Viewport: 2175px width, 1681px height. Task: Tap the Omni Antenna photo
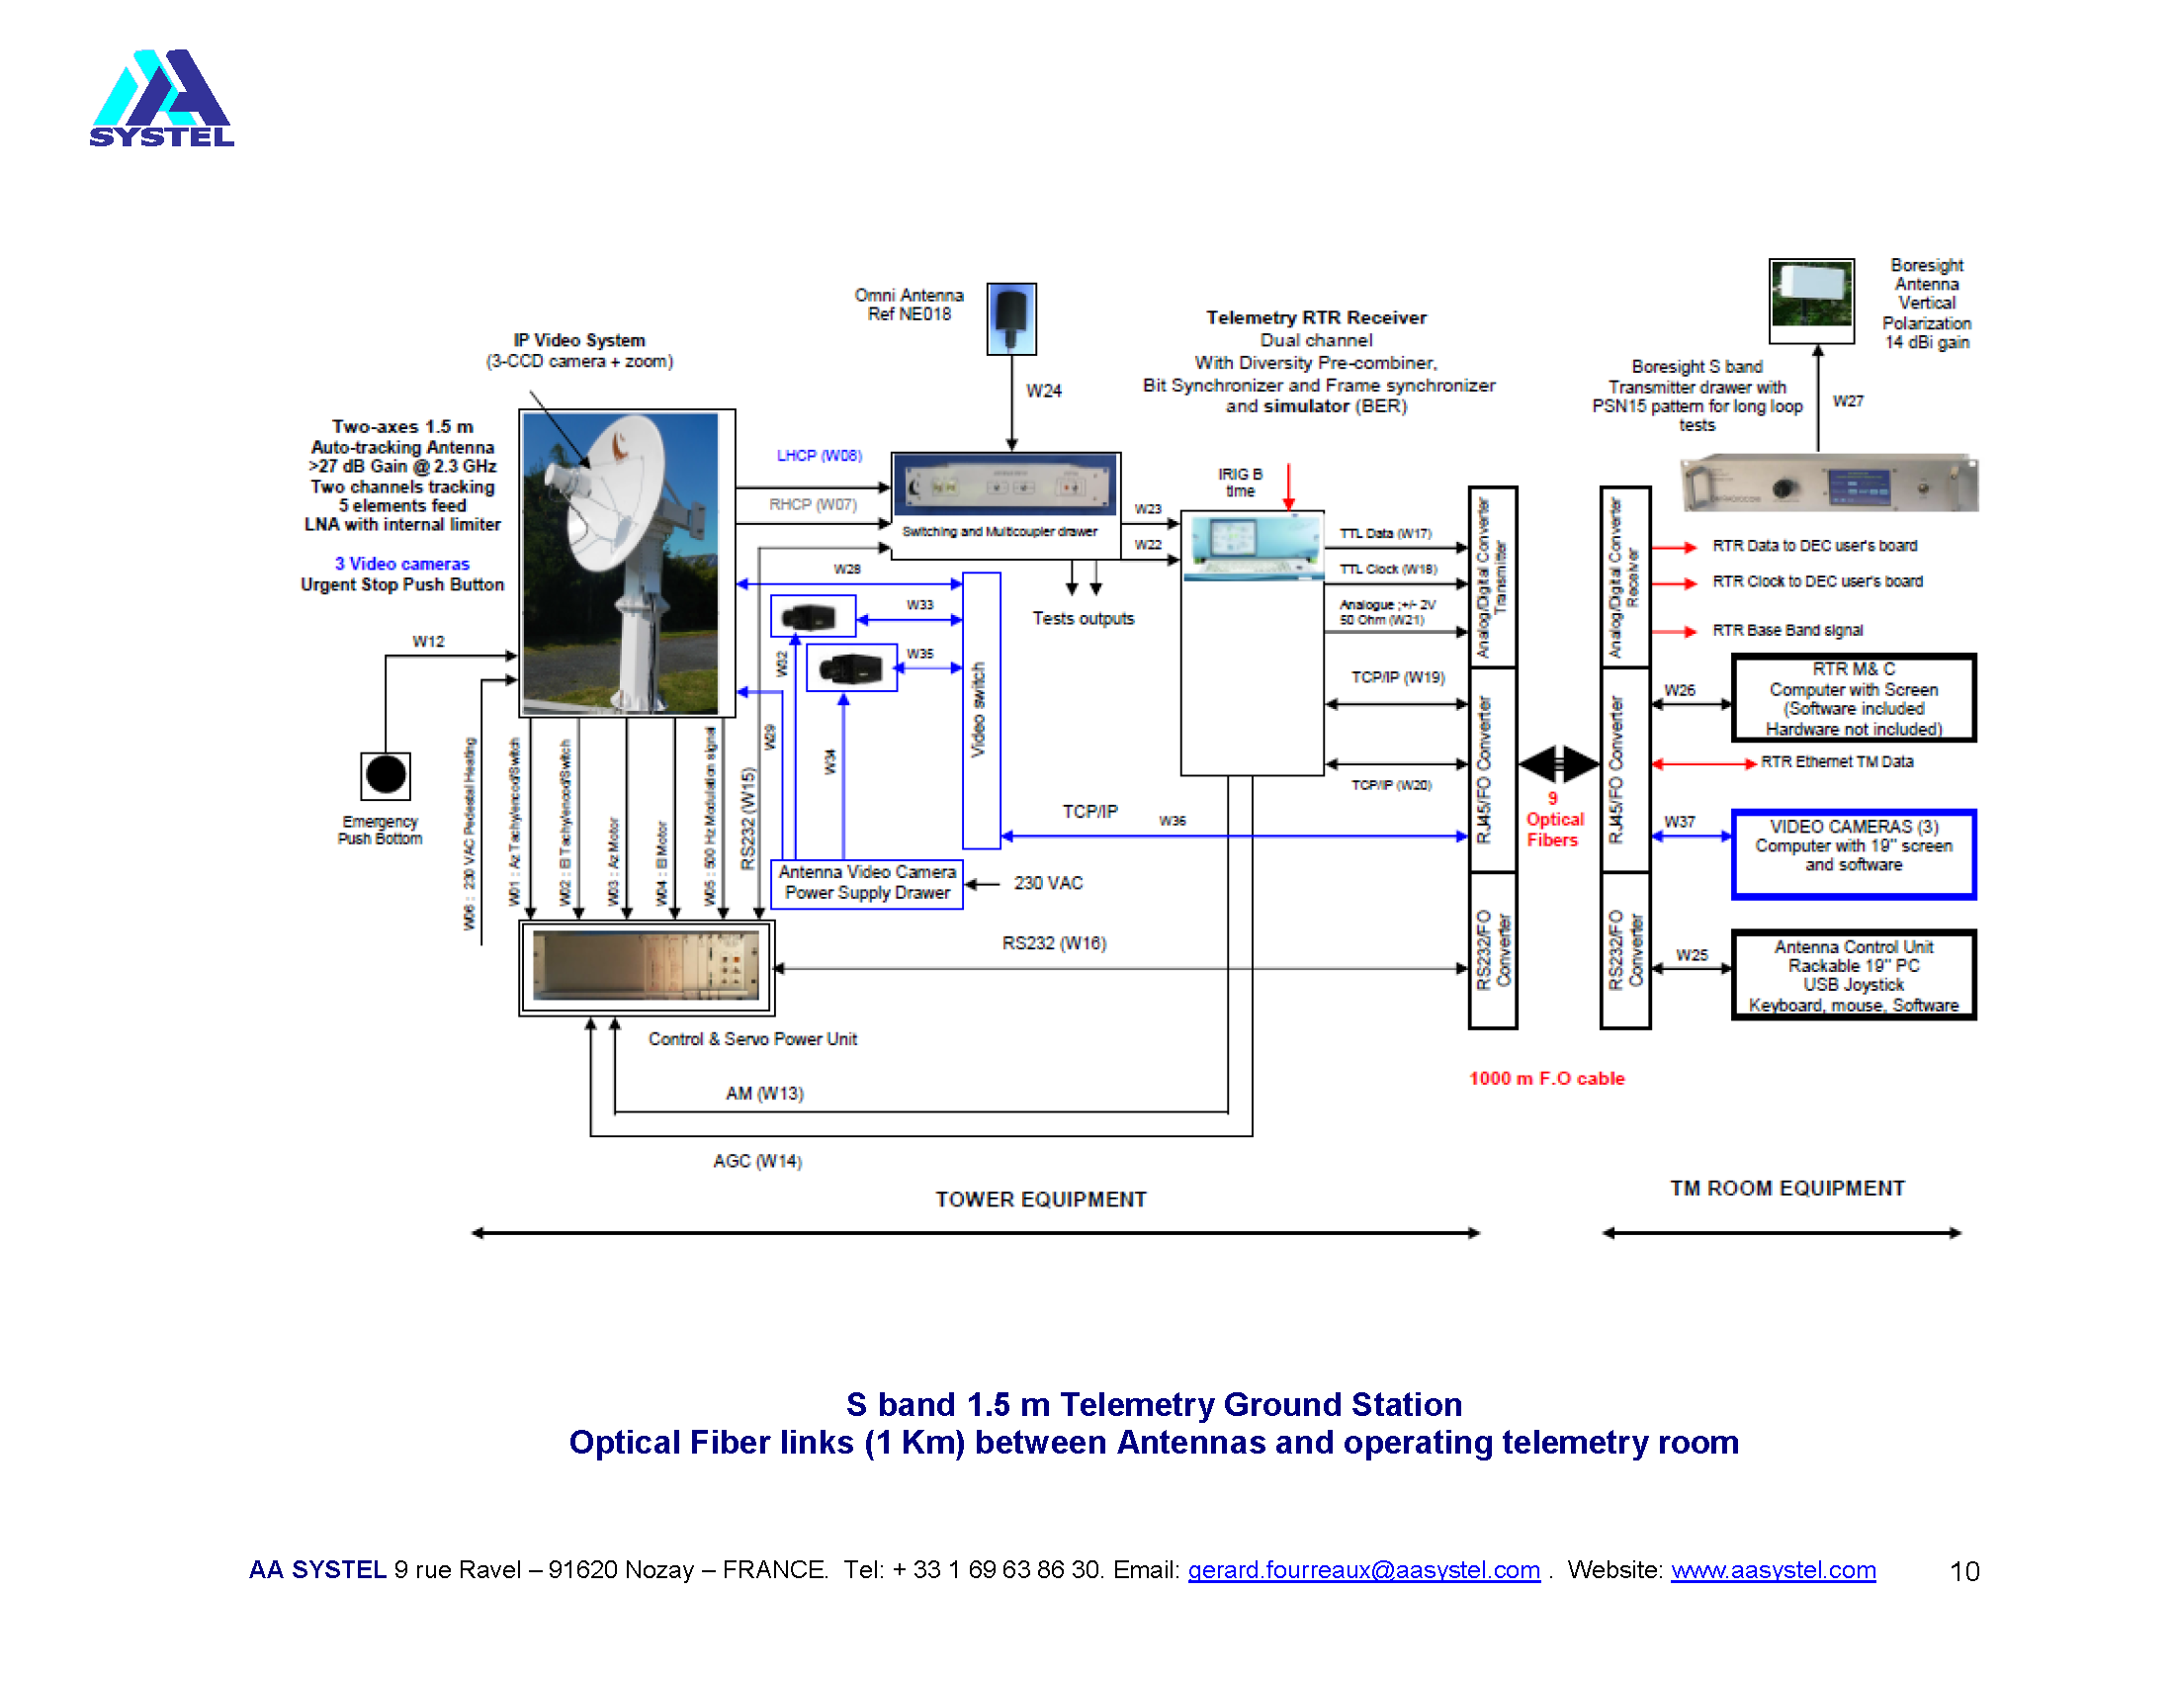click(x=1010, y=318)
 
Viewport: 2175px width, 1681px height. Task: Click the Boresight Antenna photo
click(x=1810, y=300)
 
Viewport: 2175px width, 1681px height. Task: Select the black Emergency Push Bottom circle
click(x=386, y=775)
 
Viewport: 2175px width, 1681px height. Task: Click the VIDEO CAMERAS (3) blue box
click(x=1853, y=853)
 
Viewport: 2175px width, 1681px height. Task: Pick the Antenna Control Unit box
click(x=1853, y=974)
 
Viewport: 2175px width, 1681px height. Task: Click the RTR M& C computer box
click(x=1853, y=697)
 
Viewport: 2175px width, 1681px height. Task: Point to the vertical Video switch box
click(x=981, y=709)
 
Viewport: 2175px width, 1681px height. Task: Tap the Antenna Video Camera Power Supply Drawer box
click(x=866, y=882)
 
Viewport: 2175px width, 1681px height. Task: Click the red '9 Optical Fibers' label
click(x=1553, y=819)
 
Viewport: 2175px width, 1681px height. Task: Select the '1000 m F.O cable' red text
click(x=1545, y=1078)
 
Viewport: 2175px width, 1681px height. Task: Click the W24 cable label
click(x=1044, y=391)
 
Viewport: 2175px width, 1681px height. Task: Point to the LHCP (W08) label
click(x=819, y=455)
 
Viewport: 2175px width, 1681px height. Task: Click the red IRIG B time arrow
click(x=1287, y=486)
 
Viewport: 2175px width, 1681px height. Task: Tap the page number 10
click(x=1962, y=1570)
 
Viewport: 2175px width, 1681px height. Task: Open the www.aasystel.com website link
click(x=1773, y=1569)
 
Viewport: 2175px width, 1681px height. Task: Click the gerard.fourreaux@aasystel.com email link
click(x=1363, y=1569)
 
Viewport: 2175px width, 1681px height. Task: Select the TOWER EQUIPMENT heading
click(x=1041, y=1199)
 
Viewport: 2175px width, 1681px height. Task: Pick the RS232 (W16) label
click(x=1054, y=942)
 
